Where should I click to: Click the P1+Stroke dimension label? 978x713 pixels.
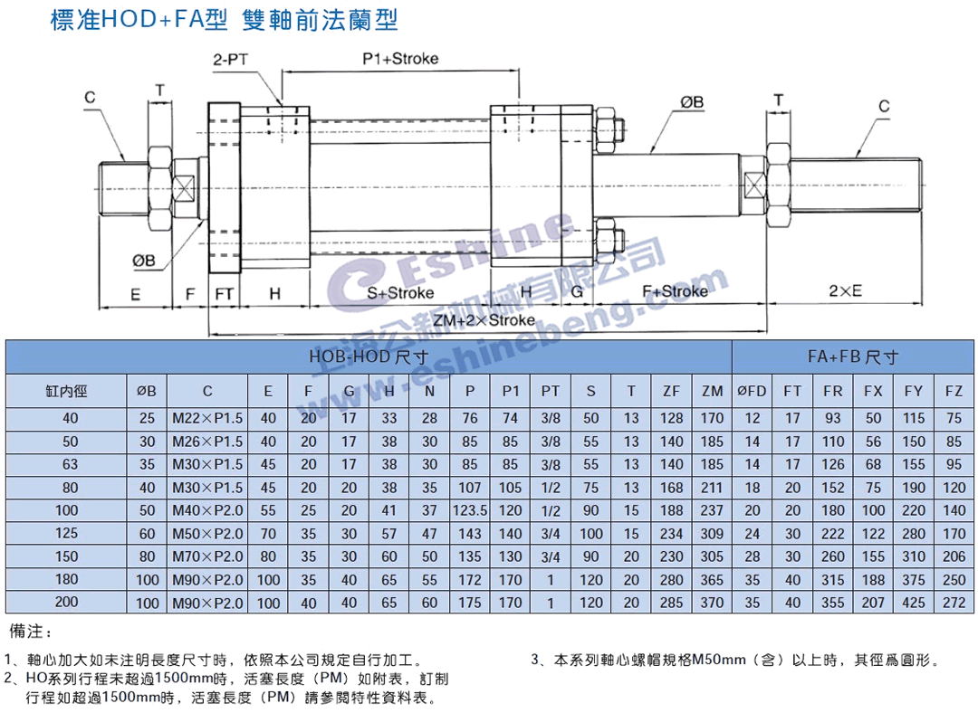click(399, 59)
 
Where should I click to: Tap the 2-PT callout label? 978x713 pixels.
click(230, 60)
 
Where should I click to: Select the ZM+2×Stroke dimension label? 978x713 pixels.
click(484, 321)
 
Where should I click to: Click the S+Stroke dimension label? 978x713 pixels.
click(400, 292)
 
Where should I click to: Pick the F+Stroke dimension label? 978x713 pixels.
click(675, 291)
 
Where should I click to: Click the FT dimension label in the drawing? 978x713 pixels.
click(225, 293)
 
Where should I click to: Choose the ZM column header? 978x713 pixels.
click(712, 392)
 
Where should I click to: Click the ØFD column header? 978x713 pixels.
click(752, 392)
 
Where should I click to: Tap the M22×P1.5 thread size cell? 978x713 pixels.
click(208, 417)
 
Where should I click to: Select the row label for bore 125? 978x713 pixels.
click(65, 534)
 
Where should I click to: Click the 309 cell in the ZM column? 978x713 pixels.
click(712, 534)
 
